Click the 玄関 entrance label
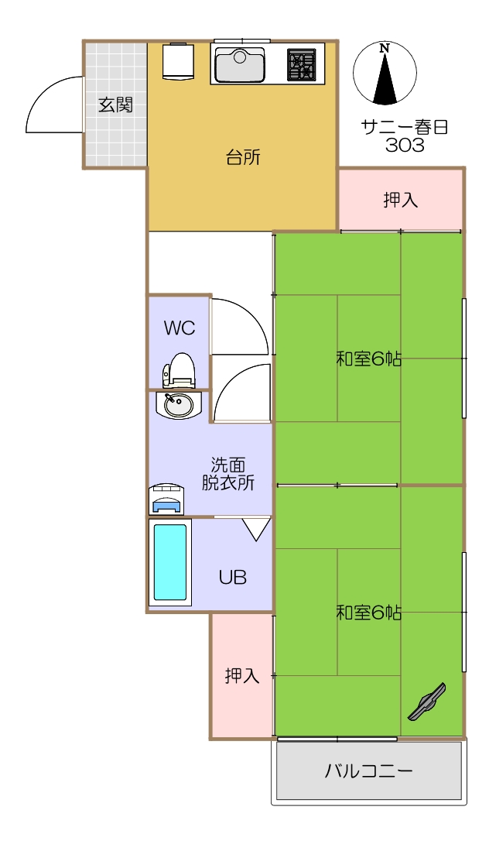pyautogui.click(x=115, y=105)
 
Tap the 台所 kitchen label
pyautogui.click(x=243, y=158)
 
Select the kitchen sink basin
pyautogui.click(x=239, y=65)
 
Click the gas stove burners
pyautogui.click(x=302, y=65)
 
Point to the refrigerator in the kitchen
pyautogui.click(x=179, y=61)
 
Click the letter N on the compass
pyautogui.click(x=384, y=48)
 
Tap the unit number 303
pyautogui.click(x=405, y=145)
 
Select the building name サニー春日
pyautogui.click(x=405, y=127)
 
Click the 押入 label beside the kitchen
pyautogui.click(x=400, y=200)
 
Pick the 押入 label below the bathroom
pyautogui.click(x=242, y=675)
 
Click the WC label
pyautogui.click(x=180, y=328)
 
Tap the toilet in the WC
pyautogui.click(x=179, y=370)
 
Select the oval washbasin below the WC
pyautogui.click(x=179, y=405)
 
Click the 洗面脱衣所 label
pyautogui.click(x=228, y=474)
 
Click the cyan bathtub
pyautogui.click(x=170, y=562)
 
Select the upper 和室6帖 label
pyautogui.click(x=368, y=359)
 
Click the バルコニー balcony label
pyautogui.click(x=369, y=771)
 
